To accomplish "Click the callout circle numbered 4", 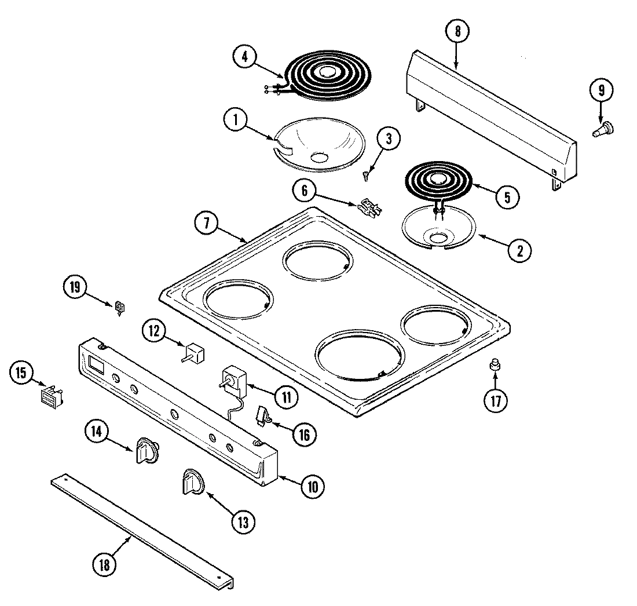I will [x=245, y=57].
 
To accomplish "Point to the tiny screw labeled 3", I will [x=366, y=173].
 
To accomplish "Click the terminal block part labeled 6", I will [x=369, y=206].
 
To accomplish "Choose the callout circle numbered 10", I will [x=312, y=486].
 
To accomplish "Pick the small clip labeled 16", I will [x=263, y=415].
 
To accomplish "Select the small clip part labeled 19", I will [x=120, y=307].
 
